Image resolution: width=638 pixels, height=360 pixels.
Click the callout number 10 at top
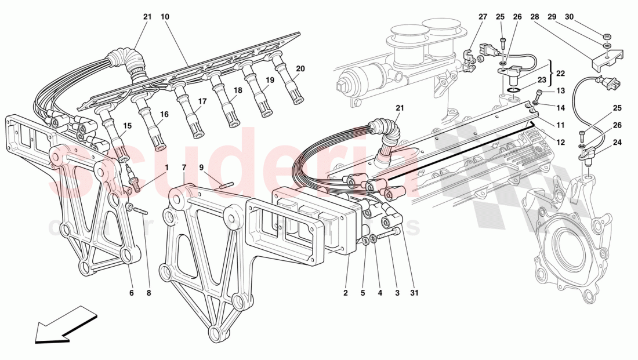pos(165,17)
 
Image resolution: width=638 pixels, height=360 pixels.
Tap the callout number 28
pos(534,17)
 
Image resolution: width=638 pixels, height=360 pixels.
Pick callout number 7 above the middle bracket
pos(184,168)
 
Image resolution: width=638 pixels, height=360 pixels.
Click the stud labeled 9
pos(226,186)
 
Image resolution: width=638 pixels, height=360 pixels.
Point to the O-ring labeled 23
pos(512,90)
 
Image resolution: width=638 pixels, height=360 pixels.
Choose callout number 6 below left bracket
pos(132,293)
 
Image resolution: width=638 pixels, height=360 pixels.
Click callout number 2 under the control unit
pos(345,293)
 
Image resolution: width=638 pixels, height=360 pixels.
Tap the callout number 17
pos(202,101)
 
